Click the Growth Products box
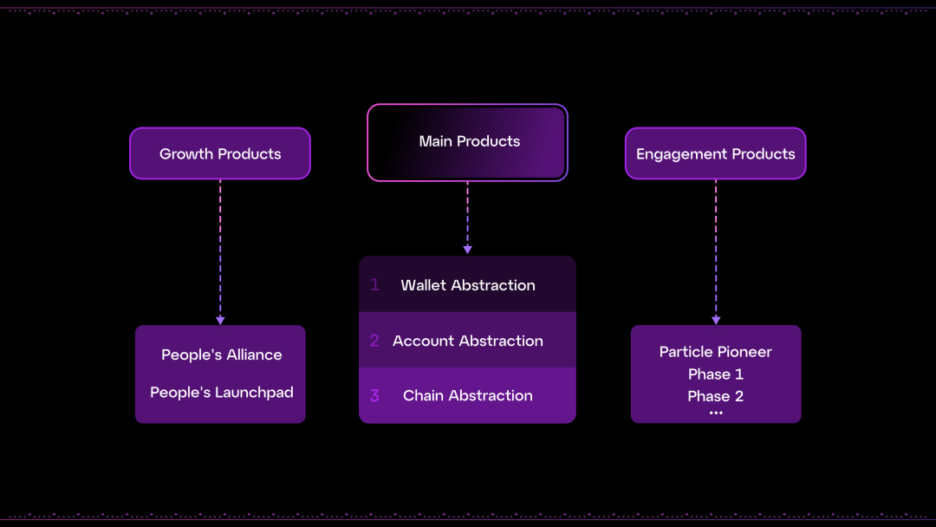(220, 153)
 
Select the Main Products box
(468, 142)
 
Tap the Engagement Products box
(716, 153)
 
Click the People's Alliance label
(221, 355)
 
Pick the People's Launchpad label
(221, 392)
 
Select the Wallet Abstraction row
(468, 284)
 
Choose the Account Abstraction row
(468, 341)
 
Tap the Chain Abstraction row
(468, 395)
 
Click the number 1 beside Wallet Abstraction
(374, 284)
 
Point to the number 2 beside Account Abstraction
(374, 341)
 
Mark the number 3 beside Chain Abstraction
(374, 395)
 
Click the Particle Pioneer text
(716, 351)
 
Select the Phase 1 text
(716, 374)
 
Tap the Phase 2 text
(716, 396)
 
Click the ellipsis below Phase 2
(716, 413)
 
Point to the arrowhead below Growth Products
(220, 320)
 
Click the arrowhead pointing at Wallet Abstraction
(468, 250)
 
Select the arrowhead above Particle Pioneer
(716, 320)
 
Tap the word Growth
(184, 153)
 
